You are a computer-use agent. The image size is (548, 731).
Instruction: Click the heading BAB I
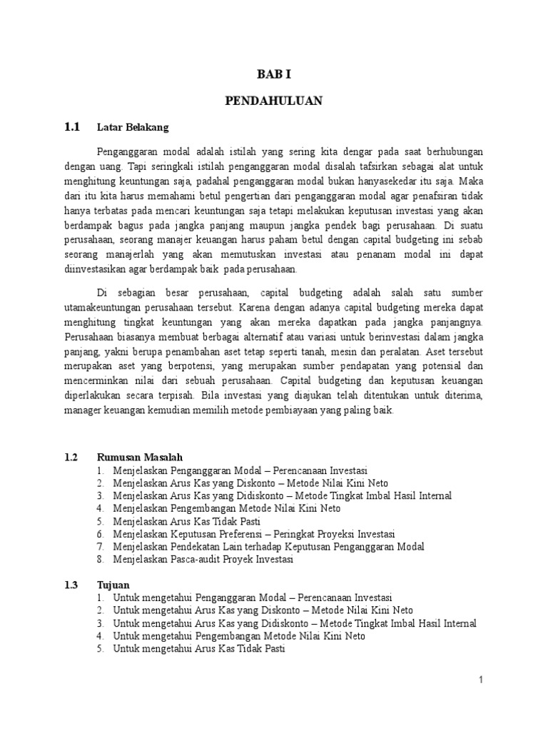point(274,73)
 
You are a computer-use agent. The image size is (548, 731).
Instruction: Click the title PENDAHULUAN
point(274,101)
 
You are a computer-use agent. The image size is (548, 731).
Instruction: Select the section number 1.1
point(72,127)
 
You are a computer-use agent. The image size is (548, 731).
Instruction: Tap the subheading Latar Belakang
point(133,128)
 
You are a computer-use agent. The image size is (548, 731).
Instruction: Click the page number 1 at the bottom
point(481,680)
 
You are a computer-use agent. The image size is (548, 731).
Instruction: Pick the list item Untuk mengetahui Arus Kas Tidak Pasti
point(199,649)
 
